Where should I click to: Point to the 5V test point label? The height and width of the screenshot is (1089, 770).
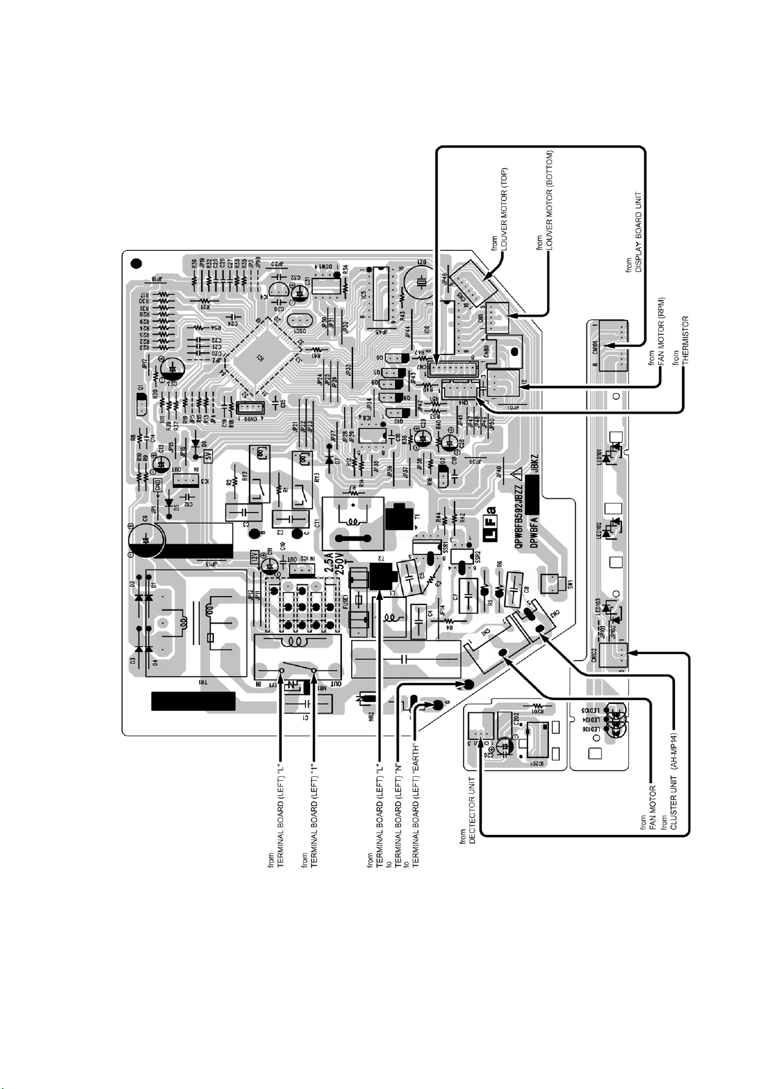point(208,456)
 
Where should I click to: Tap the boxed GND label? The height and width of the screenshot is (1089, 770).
point(158,484)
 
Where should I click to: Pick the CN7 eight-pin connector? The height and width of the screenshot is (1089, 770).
point(446,368)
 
